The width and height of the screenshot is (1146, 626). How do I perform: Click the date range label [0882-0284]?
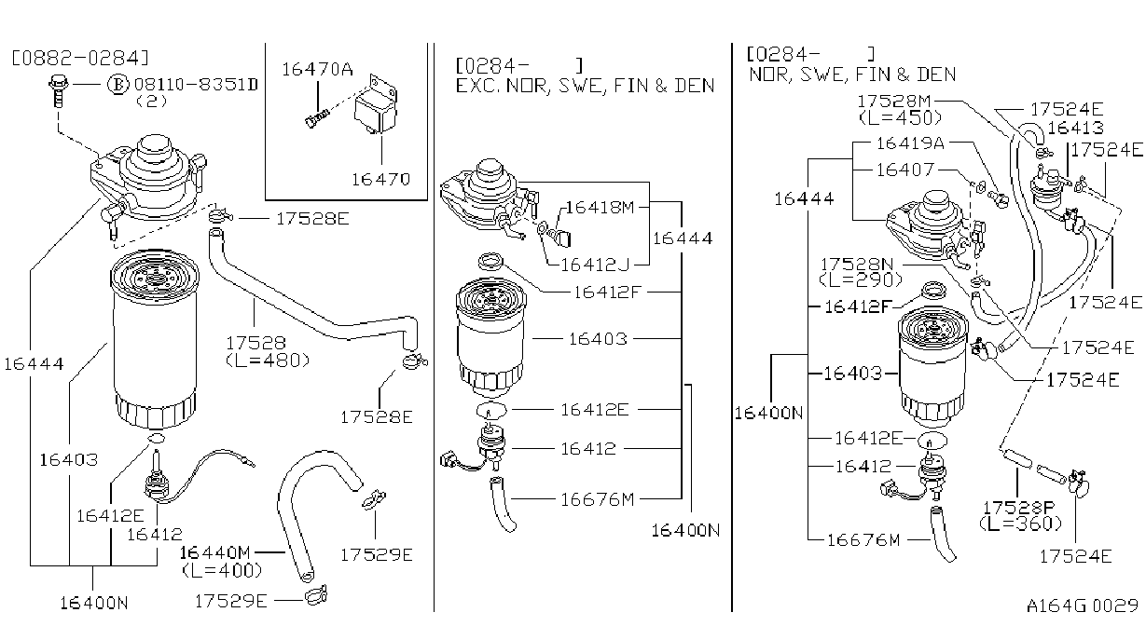coord(80,58)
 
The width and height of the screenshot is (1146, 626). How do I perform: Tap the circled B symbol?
coord(117,85)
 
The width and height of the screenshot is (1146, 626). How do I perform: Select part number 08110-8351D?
coord(196,85)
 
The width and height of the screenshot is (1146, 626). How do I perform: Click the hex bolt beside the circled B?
coord(59,90)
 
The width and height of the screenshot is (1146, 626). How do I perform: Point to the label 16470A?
coord(317,69)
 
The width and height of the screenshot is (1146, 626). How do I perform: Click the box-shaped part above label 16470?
coord(375,107)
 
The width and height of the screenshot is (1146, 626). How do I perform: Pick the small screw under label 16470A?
coord(317,118)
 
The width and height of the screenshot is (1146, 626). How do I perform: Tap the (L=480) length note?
coord(268,361)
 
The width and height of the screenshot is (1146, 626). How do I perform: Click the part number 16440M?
coord(214,552)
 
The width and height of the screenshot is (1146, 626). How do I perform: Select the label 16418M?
coord(600,207)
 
